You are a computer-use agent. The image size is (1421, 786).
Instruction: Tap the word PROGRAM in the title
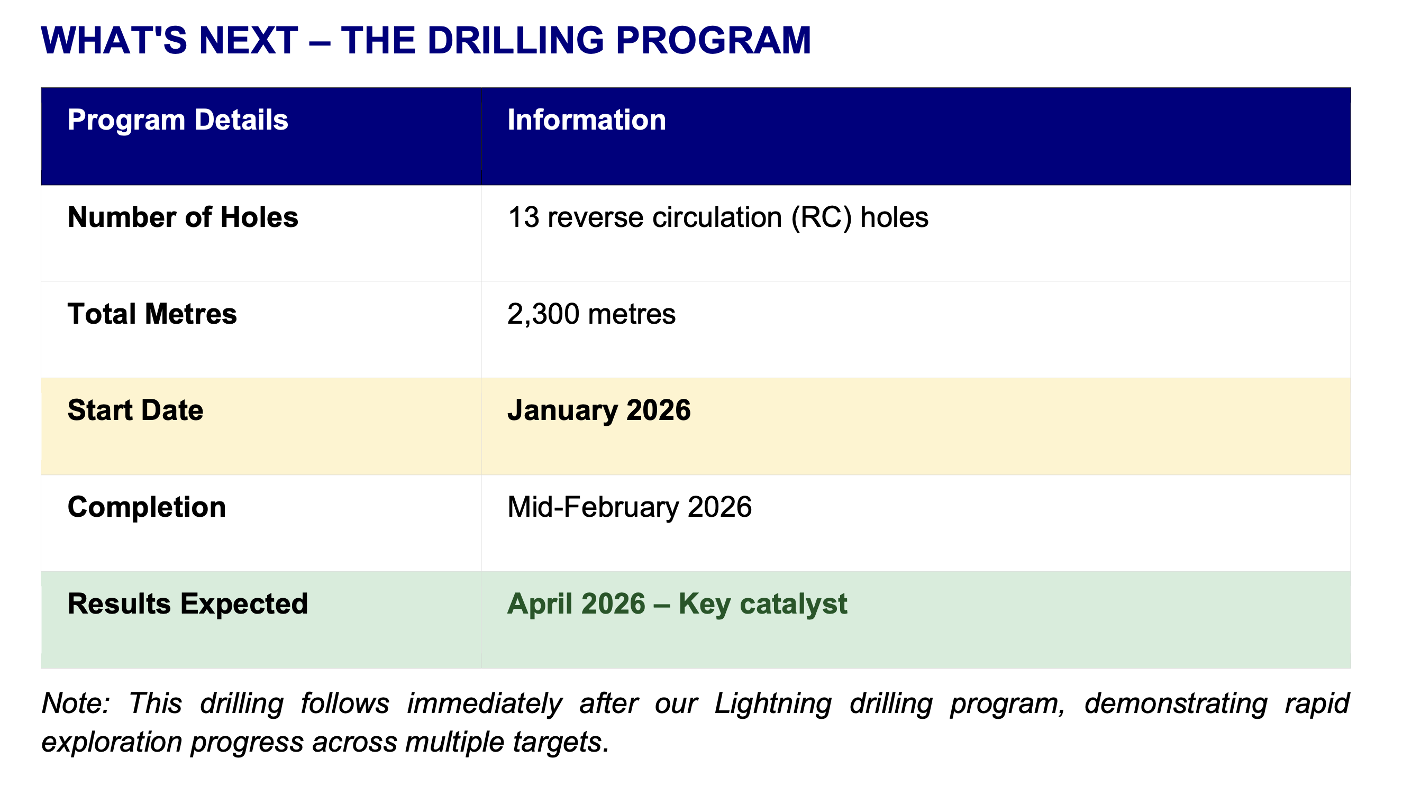click(713, 40)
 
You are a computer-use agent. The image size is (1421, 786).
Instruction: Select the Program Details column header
click(178, 120)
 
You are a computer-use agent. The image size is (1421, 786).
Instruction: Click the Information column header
click(586, 120)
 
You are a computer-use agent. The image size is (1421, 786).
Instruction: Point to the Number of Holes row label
click(183, 217)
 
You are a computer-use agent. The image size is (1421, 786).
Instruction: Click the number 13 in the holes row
click(523, 217)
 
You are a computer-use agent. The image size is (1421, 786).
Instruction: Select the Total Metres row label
click(152, 314)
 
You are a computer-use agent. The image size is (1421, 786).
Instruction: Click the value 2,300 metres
click(591, 314)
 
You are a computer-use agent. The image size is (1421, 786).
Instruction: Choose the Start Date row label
click(135, 410)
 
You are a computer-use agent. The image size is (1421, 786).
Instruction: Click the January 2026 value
click(599, 411)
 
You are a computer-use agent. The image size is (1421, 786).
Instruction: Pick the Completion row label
click(147, 507)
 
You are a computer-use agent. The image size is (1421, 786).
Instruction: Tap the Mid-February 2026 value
click(630, 507)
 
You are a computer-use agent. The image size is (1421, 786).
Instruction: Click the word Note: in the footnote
click(76, 703)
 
